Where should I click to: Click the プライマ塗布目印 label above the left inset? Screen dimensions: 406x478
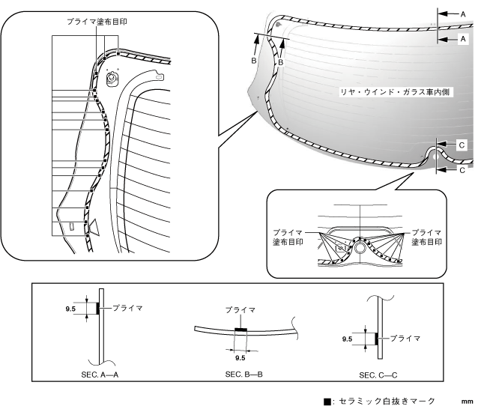pos(97,22)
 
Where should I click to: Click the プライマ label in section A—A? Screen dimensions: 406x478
pos(127,307)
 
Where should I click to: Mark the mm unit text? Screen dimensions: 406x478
pos(465,401)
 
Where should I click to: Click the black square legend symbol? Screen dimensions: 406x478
pos(327,401)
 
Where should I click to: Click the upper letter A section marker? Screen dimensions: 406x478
pos(464,13)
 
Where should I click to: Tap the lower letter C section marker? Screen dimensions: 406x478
pos(462,170)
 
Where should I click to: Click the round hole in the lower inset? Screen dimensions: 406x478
pos(361,246)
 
